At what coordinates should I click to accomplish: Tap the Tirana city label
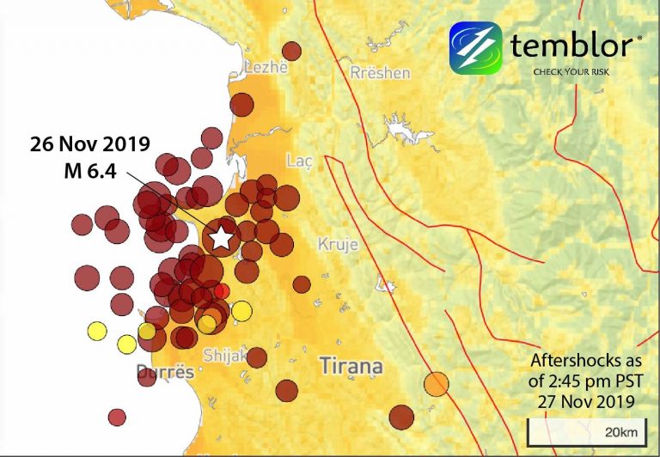[351, 367]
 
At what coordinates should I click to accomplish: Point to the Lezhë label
[264, 68]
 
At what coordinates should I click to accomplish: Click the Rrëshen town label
[380, 73]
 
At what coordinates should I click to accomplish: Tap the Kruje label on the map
[338, 243]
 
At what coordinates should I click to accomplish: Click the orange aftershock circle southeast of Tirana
[437, 384]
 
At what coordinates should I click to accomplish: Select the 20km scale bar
[583, 431]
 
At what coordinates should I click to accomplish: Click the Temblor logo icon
[475, 47]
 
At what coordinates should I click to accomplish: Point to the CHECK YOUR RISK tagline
[571, 71]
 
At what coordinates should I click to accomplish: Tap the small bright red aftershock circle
[222, 291]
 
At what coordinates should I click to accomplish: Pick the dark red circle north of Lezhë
[292, 51]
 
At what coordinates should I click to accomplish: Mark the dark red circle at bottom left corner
[117, 417]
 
